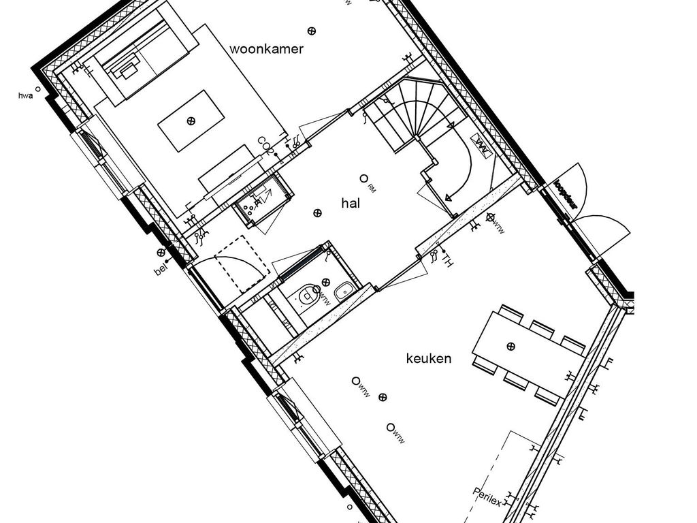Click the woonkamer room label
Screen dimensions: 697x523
tap(266, 49)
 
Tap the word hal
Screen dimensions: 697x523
tap(351, 202)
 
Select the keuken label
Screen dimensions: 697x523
tap(428, 358)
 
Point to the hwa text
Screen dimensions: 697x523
tap(26, 97)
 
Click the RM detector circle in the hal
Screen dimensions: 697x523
tap(363, 178)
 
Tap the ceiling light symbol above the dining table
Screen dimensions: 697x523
tap(510, 347)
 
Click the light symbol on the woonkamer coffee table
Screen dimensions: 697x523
tap(191, 121)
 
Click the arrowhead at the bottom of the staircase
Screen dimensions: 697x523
tap(449, 198)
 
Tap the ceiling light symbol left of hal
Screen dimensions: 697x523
tap(317, 213)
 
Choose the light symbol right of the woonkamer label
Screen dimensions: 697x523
tap(312, 31)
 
